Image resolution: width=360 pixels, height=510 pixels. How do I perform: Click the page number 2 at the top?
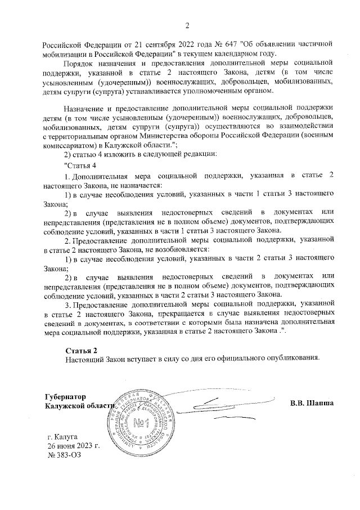pos(187,25)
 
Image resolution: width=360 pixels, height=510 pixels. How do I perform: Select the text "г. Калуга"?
pos(63,436)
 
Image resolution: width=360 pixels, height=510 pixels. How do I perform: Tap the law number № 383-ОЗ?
pos(65,455)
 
